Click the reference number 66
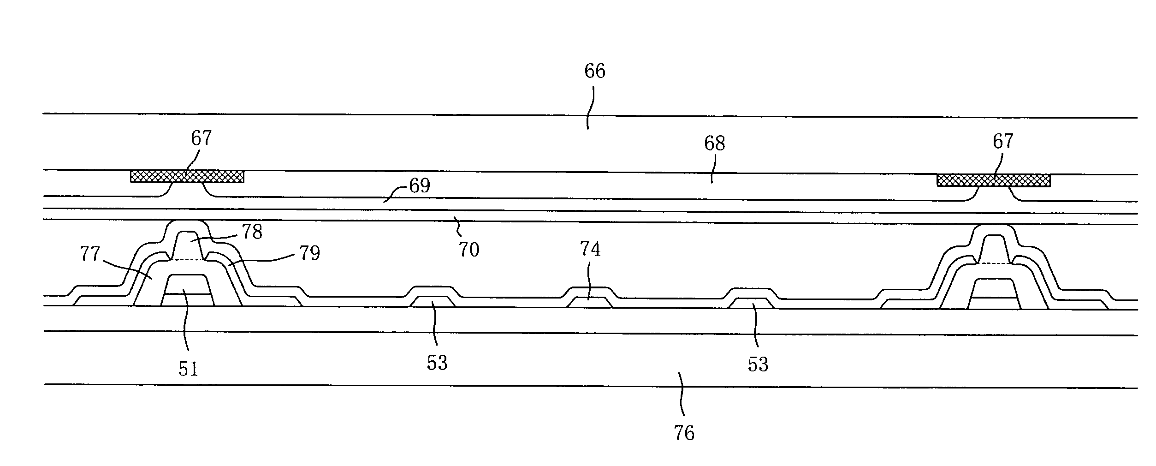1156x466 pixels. (594, 71)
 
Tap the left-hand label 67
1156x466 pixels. (201, 138)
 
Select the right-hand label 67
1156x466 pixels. (1002, 141)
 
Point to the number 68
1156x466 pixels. (714, 143)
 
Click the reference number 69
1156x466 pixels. (419, 186)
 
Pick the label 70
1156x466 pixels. (468, 250)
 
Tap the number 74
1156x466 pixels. (590, 250)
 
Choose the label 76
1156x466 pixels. (683, 433)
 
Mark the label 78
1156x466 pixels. (252, 232)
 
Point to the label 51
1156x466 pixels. (188, 369)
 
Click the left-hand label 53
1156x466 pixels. (437, 363)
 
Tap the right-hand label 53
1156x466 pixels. (758, 364)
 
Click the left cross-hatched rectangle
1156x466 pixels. (187, 176)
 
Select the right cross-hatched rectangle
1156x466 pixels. (993, 180)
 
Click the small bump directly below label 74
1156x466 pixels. (590, 302)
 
